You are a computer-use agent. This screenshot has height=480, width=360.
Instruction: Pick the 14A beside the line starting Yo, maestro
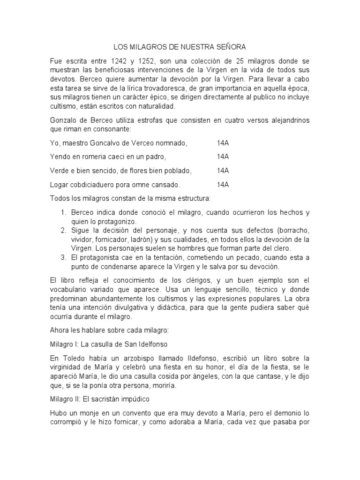click(x=223, y=142)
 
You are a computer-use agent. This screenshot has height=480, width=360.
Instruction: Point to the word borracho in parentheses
click(x=293, y=230)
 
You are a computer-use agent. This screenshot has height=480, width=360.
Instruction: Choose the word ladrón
click(x=149, y=239)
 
